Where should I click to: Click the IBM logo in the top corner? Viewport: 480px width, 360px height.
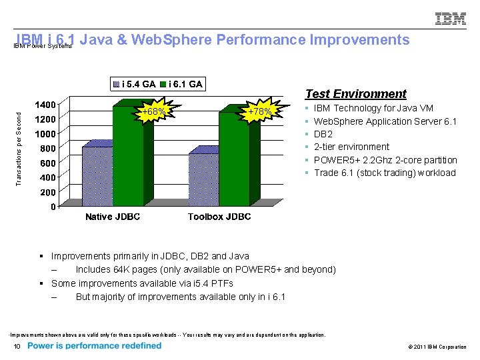tap(451, 19)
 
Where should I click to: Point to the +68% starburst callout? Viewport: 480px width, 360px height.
tap(154, 112)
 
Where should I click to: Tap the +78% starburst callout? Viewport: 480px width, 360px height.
tap(259, 112)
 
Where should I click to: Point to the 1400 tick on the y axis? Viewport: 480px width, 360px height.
tap(46, 105)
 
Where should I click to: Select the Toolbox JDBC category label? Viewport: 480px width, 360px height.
tap(219, 217)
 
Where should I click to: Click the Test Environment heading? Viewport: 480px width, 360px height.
tap(355, 94)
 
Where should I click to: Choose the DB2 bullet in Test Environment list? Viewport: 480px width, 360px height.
tap(323, 134)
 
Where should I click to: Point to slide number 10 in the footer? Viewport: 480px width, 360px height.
tap(17, 347)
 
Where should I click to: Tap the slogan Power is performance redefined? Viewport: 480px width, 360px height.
tap(95, 346)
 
